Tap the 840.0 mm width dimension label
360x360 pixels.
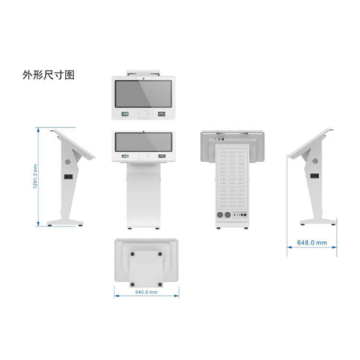click(x=146, y=292)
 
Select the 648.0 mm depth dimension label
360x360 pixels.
click(x=312, y=243)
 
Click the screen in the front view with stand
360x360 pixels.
click(x=144, y=143)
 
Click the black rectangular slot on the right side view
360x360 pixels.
click(x=314, y=177)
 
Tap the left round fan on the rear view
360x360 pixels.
click(x=220, y=216)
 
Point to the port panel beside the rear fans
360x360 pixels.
click(x=239, y=216)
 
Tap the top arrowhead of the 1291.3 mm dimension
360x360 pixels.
click(x=38, y=129)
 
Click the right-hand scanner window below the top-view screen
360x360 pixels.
click(x=162, y=114)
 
